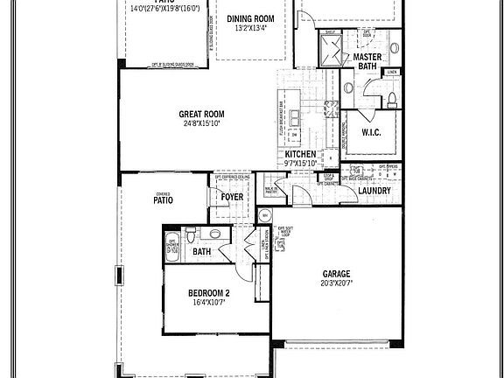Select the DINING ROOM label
tap(251, 18)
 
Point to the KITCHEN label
tap(300, 154)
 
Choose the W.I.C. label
tap(369, 134)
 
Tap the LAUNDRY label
tap(374, 190)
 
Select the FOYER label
tap(232, 198)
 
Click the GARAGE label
tap(337, 273)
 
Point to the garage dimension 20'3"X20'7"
tap(337, 283)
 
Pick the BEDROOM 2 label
tap(209, 293)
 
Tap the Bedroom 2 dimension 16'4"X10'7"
tap(209, 304)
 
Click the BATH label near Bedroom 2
tap(202, 252)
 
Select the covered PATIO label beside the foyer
tap(164, 199)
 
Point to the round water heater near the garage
tap(264, 214)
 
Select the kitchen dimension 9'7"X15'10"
tap(300, 163)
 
